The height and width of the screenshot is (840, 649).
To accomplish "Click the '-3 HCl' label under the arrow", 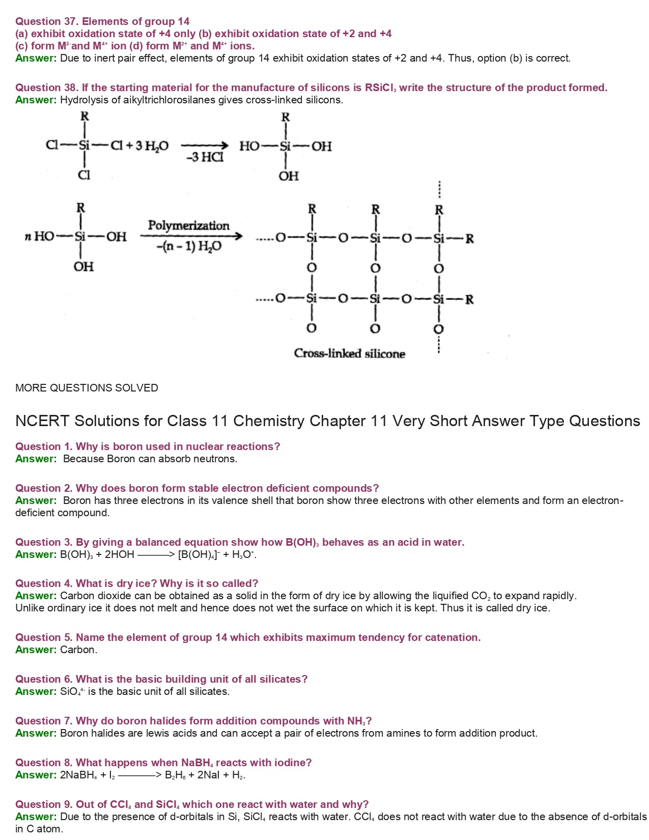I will [x=205, y=157].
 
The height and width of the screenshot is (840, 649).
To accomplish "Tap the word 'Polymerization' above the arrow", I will [x=188, y=226].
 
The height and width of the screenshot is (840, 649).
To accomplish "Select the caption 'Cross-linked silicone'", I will [x=349, y=353].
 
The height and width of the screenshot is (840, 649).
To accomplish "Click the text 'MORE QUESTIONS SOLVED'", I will [x=87, y=388].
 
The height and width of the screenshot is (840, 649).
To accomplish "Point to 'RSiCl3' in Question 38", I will [x=381, y=88].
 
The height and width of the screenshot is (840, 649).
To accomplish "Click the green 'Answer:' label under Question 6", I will [x=36, y=691].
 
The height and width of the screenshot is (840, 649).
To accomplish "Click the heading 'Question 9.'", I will [x=44, y=804].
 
